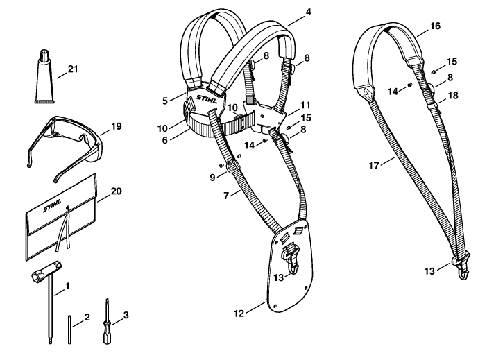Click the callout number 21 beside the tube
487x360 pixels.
pyautogui.click(x=73, y=69)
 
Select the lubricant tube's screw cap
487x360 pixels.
pyautogui.click(x=44, y=55)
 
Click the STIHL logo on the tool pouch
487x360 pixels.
pyautogui.click(x=52, y=205)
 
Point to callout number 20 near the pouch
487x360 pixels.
pyautogui.click(x=116, y=191)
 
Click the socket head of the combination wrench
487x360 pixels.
pyautogui.click(x=47, y=271)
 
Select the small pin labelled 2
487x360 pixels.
pyautogui.click(x=69, y=329)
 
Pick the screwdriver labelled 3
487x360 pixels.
pyautogui.click(x=108, y=322)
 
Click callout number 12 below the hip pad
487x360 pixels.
pyautogui.click(x=239, y=314)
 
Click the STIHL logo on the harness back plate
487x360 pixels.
pyautogui.click(x=207, y=99)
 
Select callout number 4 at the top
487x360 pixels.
pyautogui.click(x=308, y=12)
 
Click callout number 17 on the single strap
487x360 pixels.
pyautogui.click(x=374, y=166)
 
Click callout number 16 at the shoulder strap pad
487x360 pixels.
pyautogui.click(x=435, y=26)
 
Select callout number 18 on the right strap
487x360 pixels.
pyautogui.click(x=454, y=95)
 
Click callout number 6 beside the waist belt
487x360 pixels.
pyautogui.click(x=164, y=140)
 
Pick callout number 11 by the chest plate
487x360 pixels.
pyautogui.click(x=305, y=105)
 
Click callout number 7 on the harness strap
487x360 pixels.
pyautogui.click(x=226, y=196)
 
